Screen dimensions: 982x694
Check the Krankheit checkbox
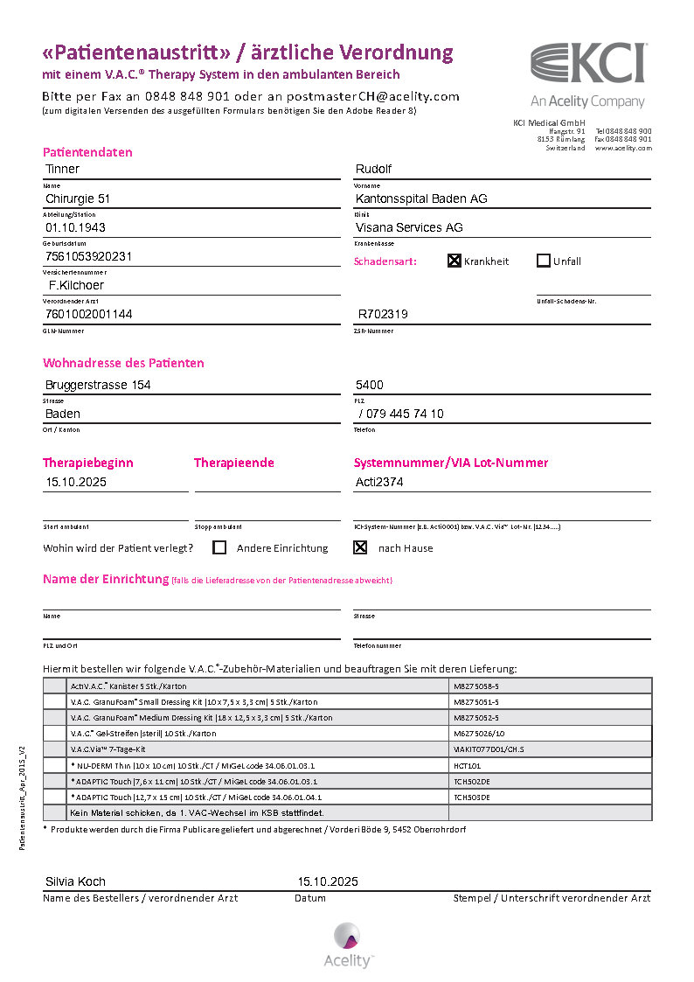(455, 261)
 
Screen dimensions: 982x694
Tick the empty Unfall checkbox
(543, 261)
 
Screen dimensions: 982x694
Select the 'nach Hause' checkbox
(359, 548)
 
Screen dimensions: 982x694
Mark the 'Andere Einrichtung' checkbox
(219, 548)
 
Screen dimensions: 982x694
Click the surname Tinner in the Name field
(62, 169)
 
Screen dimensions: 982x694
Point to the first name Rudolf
(373, 169)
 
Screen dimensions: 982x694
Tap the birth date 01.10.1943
(75, 227)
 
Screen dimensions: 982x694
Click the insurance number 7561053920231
(88, 257)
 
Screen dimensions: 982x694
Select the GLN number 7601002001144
(88, 314)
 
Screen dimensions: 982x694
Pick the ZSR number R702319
(383, 314)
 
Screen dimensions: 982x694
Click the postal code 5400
(369, 385)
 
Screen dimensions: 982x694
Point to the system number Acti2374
(379, 482)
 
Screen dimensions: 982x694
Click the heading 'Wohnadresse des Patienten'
(123, 363)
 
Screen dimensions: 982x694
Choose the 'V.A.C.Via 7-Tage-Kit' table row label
(108, 749)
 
